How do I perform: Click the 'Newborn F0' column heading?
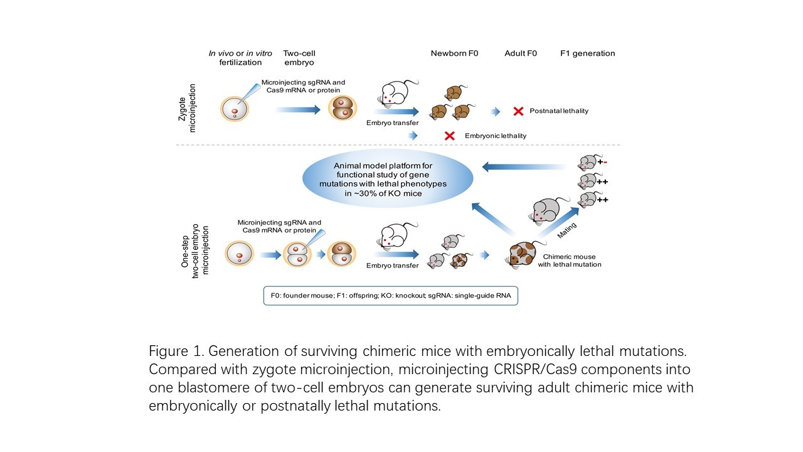click(454, 53)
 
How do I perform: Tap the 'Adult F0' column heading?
click(520, 53)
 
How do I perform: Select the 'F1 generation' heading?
click(587, 53)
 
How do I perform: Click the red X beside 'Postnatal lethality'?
click(518, 111)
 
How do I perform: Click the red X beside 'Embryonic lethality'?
click(449, 136)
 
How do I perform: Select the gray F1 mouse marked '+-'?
click(587, 163)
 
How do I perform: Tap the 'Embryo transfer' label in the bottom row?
click(393, 266)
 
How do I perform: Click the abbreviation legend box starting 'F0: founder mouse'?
click(390, 295)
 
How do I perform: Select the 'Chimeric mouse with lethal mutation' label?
click(569, 261)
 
